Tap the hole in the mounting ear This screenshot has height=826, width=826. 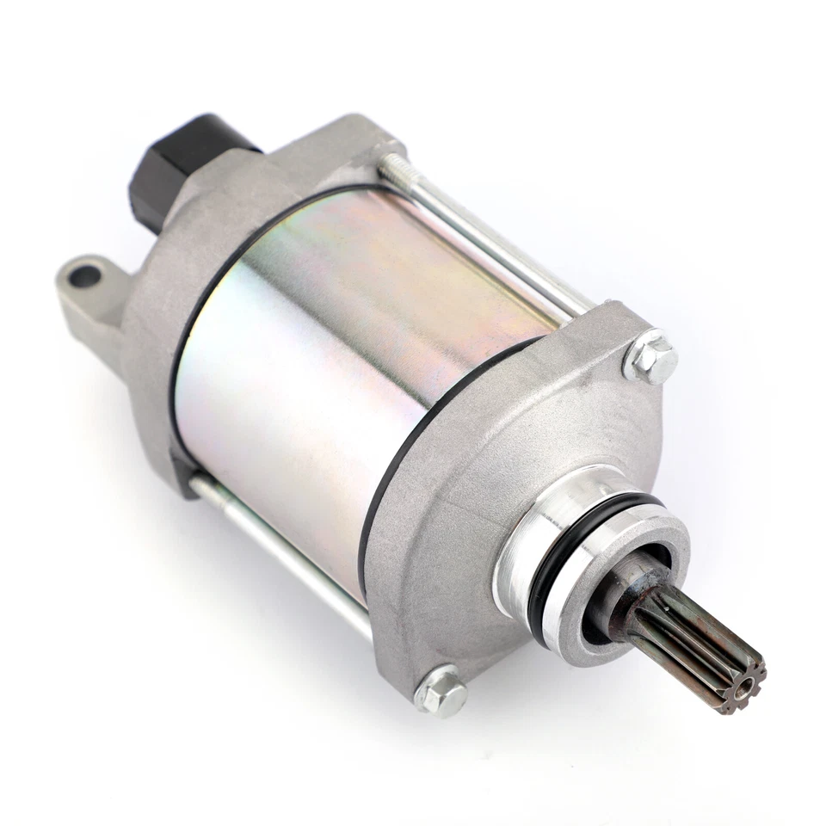coord(84,276)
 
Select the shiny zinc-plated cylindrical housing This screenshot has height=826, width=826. coord(344,361)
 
